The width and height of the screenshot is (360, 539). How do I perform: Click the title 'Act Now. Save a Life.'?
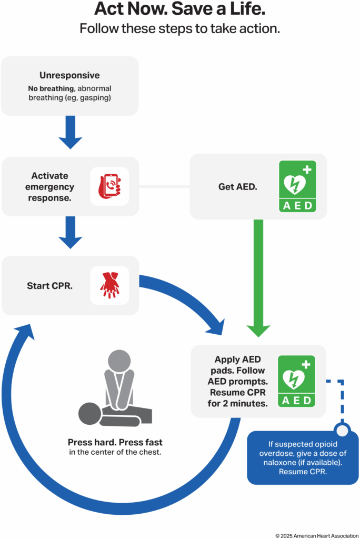click(x=180, y=9)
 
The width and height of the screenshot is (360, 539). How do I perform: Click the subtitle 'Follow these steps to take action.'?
click(x=180, y=28)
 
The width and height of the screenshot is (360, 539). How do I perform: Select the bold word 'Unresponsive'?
click(x=69, y=75)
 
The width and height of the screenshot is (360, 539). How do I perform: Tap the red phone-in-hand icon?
click(x=109, y=186)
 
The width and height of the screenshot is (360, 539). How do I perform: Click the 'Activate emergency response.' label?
click(x=53, y=186)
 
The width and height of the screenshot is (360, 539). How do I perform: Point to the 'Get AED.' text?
click(x=237, y=186)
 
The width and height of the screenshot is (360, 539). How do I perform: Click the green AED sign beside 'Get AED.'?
click(x=297, y=186)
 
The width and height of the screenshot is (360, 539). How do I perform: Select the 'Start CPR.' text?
click(x=50, y=286)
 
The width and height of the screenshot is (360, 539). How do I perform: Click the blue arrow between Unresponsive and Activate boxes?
click(x=70, y=132)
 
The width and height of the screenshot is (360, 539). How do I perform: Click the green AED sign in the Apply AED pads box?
click(x=296, y=381)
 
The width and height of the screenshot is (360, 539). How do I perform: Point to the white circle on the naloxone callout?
click(x=343, y=431)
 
